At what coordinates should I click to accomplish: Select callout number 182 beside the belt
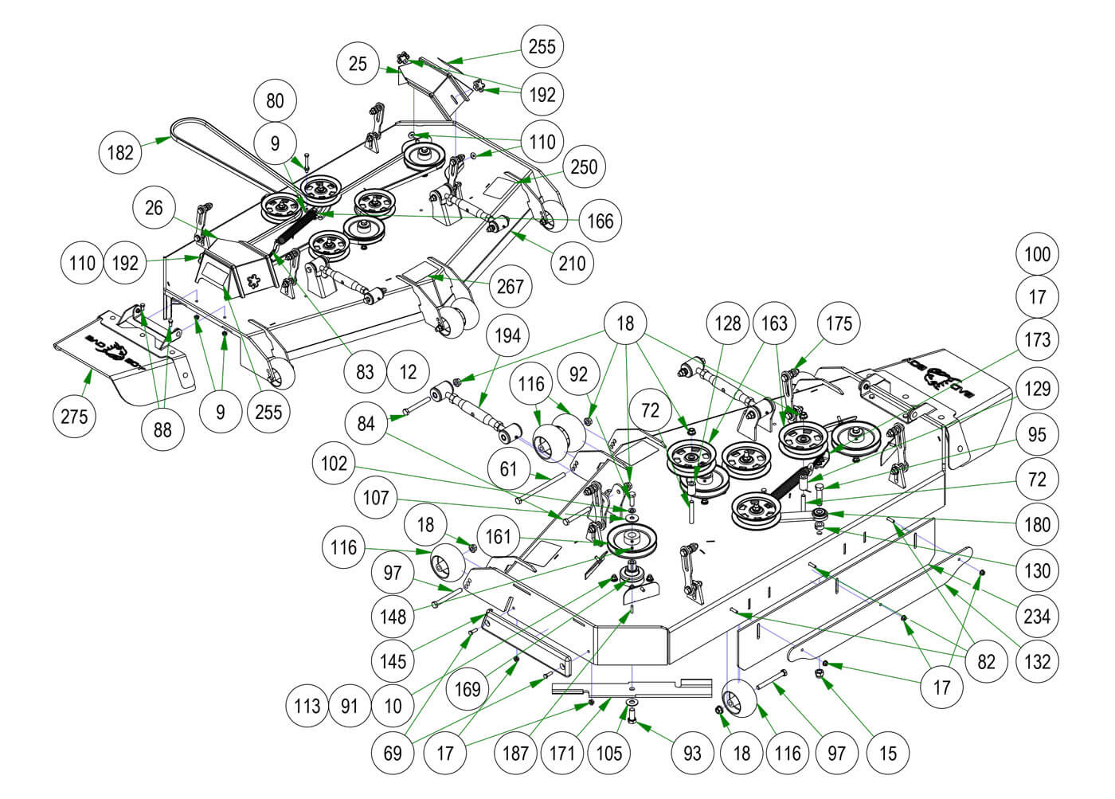pos(121,151)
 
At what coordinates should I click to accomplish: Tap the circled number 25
pos(358,63)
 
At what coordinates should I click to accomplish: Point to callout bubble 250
pos(584,166)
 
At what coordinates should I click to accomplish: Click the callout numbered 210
pos(572,262)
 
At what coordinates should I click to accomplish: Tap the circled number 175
pos(839,323)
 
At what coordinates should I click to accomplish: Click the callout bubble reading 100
pos(1038,255)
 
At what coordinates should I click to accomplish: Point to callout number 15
pos(887,752)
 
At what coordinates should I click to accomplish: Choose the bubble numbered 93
pos(692,752)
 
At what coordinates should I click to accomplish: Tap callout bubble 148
pos(393,616)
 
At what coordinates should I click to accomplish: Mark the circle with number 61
pos(508,470)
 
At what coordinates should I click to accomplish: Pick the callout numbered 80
pos(275,101)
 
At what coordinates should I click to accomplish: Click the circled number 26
pos(154,208)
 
